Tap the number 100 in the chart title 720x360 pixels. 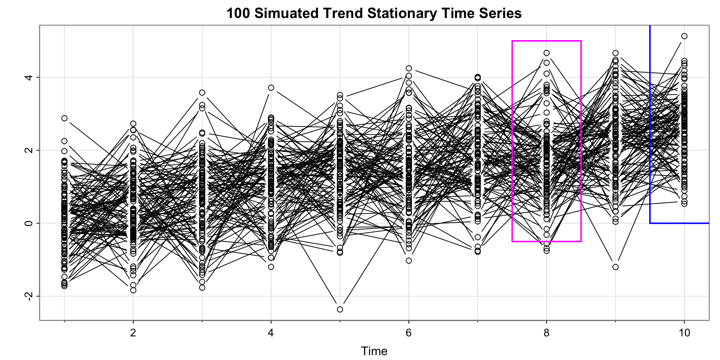238,13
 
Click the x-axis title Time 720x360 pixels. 374,351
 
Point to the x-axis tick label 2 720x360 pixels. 133,333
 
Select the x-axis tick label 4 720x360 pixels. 271,333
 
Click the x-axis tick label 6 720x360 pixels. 409,333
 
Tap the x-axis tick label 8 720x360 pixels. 546,333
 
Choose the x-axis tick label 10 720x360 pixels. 684,333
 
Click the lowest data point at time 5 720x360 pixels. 340,309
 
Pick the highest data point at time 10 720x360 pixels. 684,36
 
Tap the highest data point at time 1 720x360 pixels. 64,118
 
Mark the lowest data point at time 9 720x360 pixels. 615,267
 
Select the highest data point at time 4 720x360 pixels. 271,88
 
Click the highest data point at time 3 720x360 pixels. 202,93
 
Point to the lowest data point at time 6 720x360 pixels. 409,261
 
